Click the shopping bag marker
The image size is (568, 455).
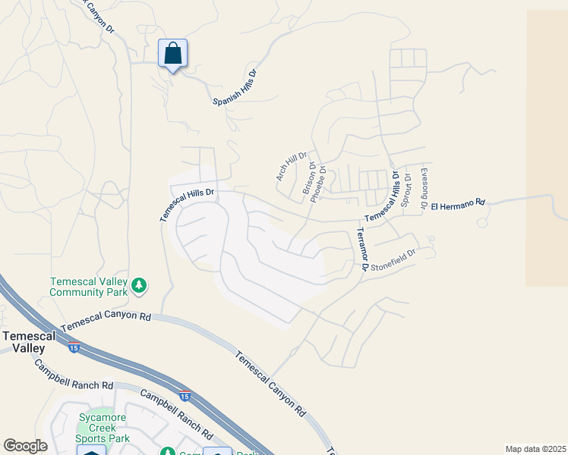172,54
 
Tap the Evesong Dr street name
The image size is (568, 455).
424,187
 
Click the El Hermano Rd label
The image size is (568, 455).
457,206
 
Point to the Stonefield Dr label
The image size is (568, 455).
393,261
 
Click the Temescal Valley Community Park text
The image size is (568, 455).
88,286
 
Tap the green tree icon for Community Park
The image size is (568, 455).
138,285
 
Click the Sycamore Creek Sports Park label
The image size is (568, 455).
103,428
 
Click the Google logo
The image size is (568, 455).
25,446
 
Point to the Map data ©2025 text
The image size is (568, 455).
535,449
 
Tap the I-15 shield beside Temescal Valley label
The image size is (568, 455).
74,348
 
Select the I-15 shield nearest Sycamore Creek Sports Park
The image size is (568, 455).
185,396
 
